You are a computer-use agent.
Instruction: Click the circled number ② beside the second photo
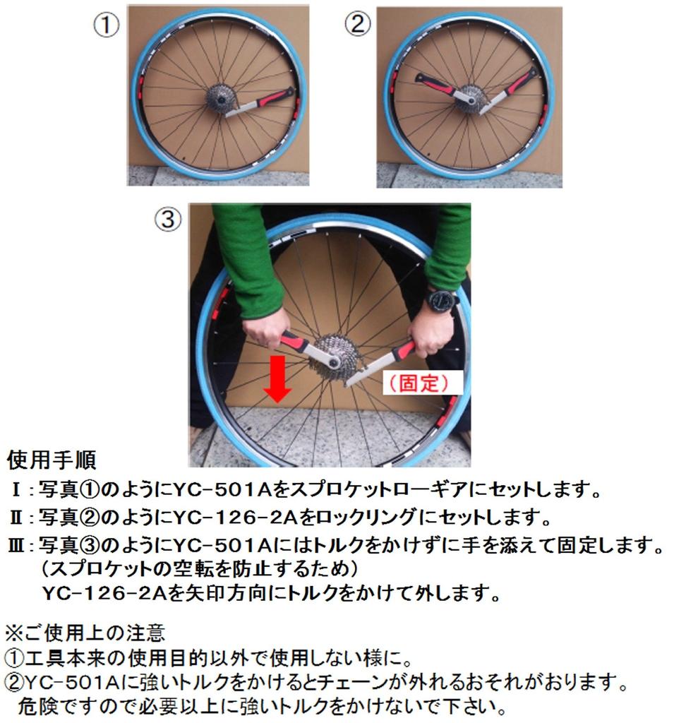358,25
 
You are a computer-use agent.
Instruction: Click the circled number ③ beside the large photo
167,220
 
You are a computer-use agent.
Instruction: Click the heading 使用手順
52,460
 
